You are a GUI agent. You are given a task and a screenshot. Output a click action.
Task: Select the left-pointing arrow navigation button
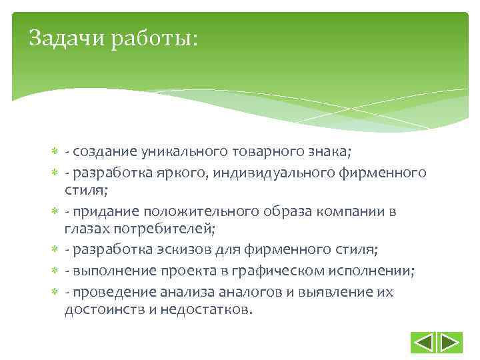tap(424, 342)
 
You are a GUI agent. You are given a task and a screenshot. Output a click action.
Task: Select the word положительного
tap(187, 212)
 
